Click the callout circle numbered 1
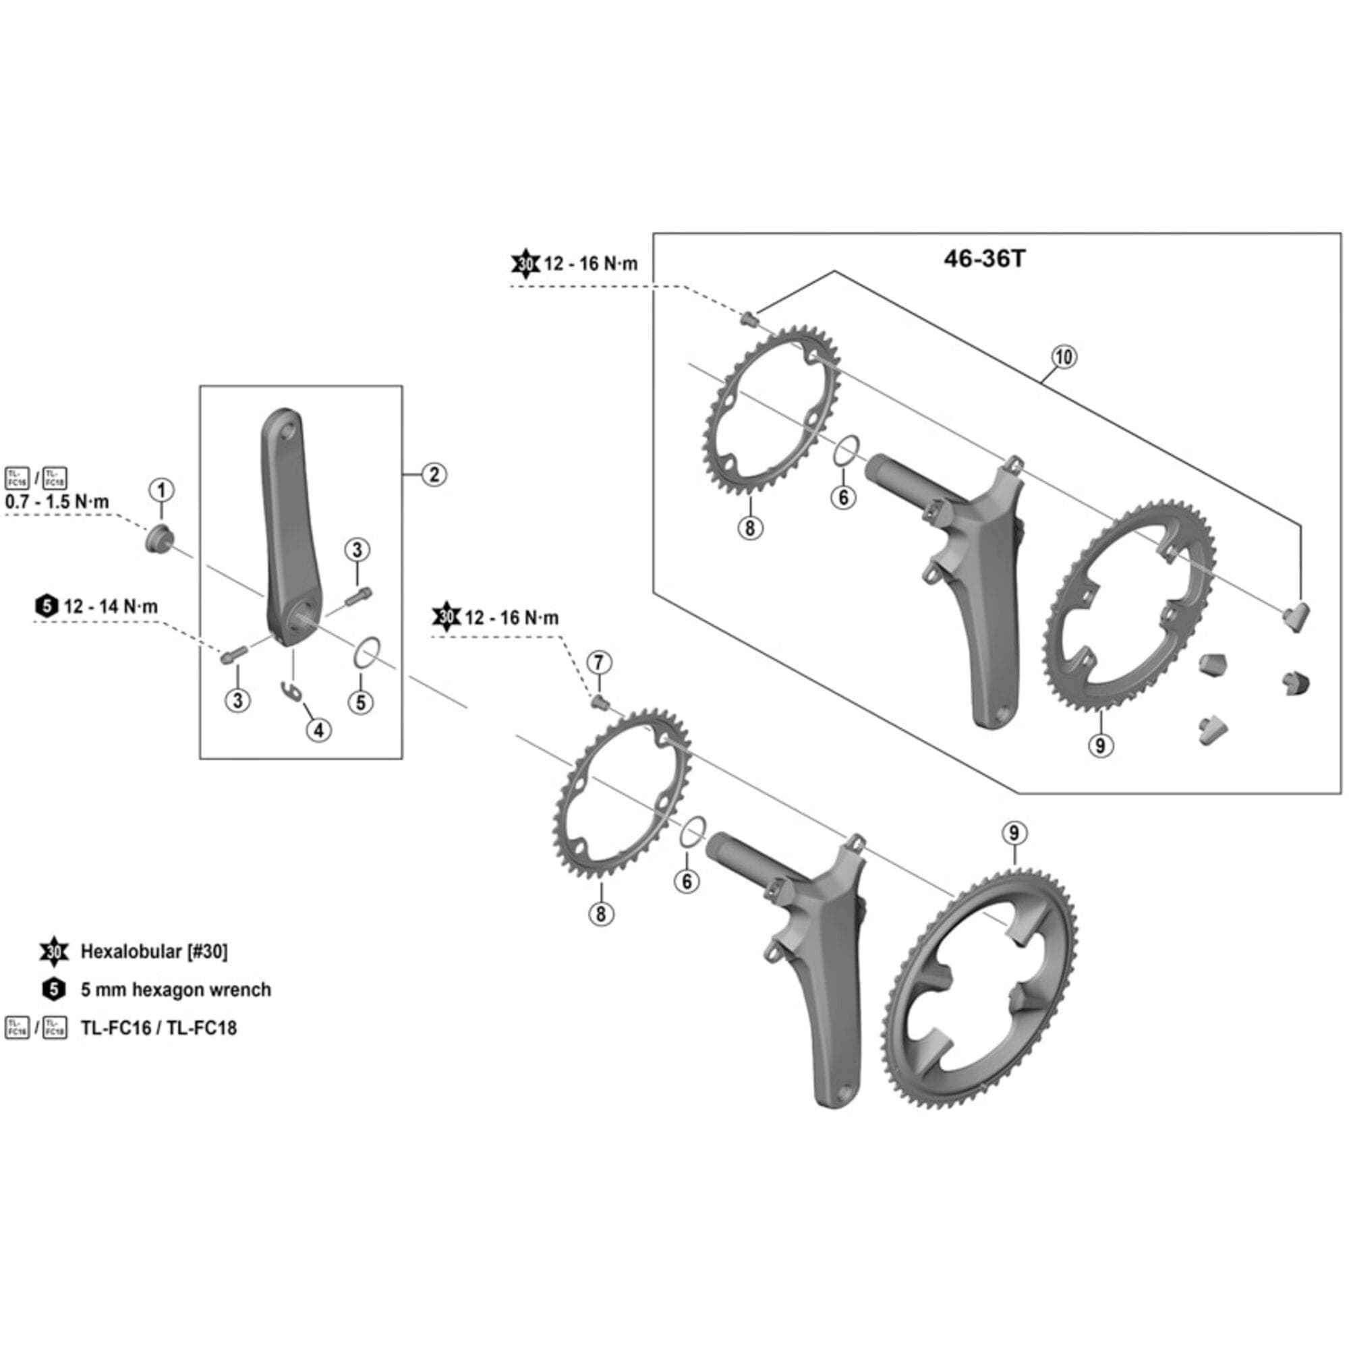(x=161, y=490)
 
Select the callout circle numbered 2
(x=434, y=475)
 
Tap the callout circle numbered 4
(x=318, y=730)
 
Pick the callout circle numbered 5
(x=361, y=701)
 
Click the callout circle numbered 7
(x=598, y=662)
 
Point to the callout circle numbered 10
(x=1064, y=357)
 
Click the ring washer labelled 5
(x=366, y=653)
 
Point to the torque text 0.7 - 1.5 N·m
(x=57, y=502)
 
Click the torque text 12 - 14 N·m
(x=111, y=606)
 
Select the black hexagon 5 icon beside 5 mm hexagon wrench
(x=54, y=989)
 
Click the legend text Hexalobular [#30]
(x=154, y=951)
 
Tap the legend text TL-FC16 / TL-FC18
(x=159, y=1028)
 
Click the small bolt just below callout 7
(x=599, y=700)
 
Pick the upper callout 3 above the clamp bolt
(x=357, y=550)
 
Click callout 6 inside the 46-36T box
(x=844, y=497)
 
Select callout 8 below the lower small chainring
(x=601, y=913)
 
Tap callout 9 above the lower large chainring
(x=1014, y=833)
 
